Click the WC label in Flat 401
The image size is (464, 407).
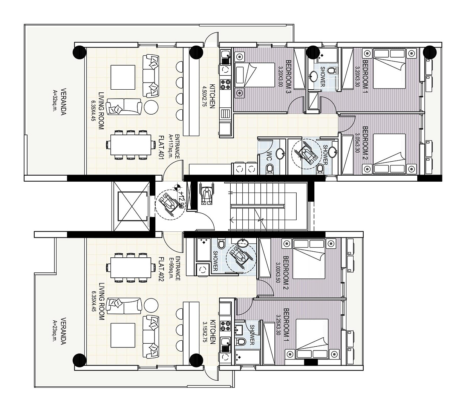(270, 155)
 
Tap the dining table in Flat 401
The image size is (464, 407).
(131, 145)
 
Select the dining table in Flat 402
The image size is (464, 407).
(131, 267)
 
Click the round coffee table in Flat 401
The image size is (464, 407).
(151, 107)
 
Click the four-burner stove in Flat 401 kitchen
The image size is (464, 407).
(225, 84)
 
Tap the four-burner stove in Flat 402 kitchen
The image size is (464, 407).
(225, 326)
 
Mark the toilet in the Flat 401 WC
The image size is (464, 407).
(270, 168)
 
